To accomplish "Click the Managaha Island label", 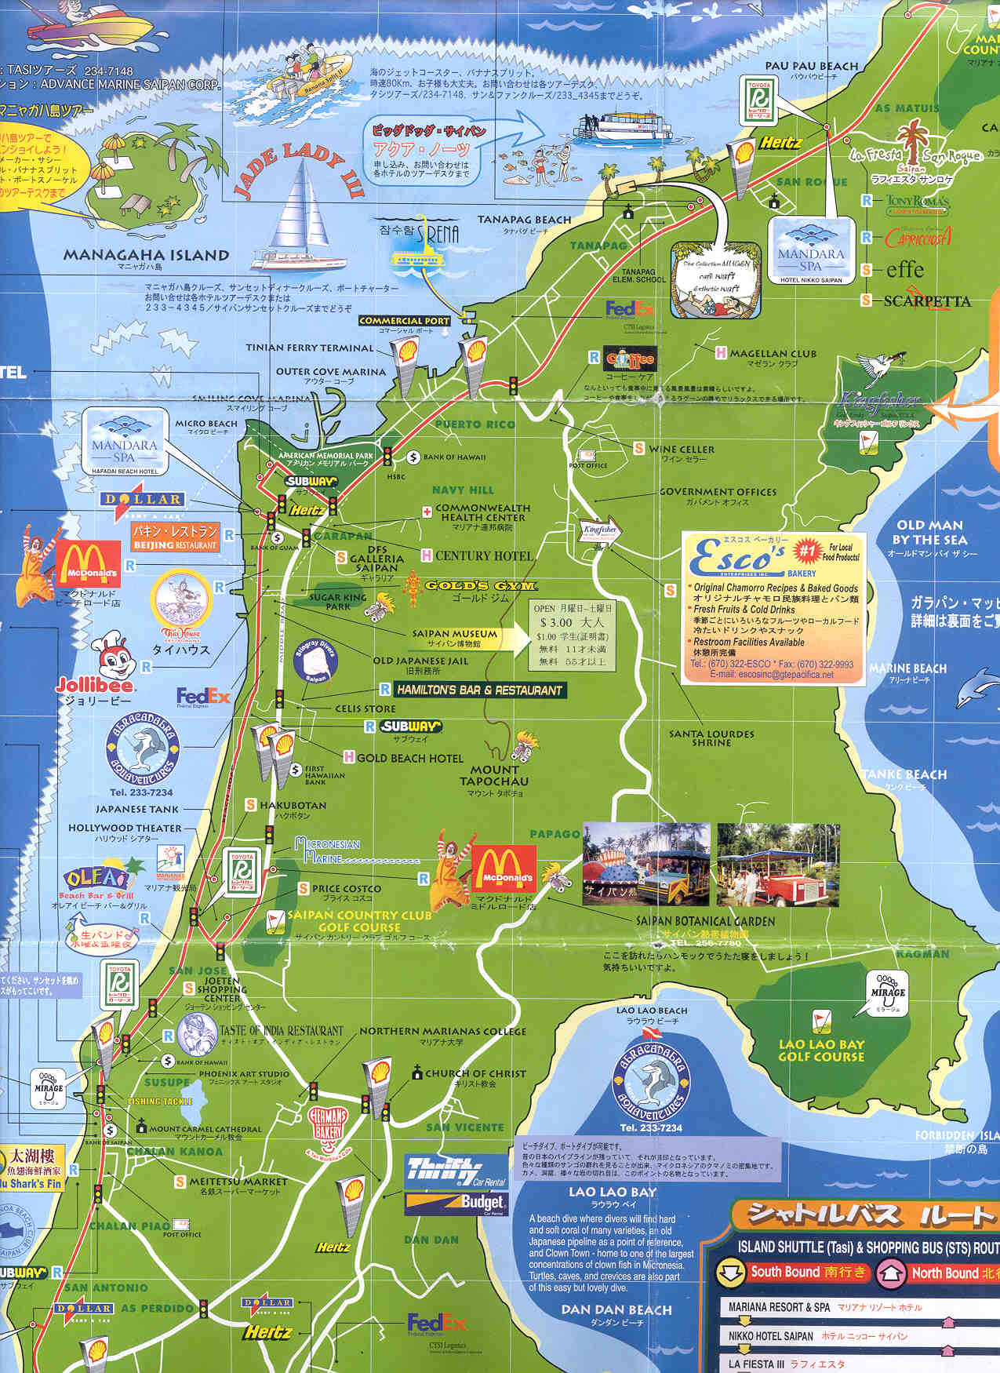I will point(146,255).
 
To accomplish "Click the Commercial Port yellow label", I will point(404,321).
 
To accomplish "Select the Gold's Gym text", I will point(481,586).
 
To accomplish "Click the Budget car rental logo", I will point(456,1202).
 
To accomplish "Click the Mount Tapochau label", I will point(494,775).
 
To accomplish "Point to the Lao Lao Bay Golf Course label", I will point(820,1051).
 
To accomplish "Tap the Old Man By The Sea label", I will point(929,533).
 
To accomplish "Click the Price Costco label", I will point(346,888).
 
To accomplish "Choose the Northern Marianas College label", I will point(442,1031).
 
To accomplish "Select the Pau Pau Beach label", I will point(812,66).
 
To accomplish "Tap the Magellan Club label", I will point(773,354).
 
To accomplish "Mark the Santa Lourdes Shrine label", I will point(711,737).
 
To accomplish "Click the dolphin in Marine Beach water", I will point(974,687).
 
